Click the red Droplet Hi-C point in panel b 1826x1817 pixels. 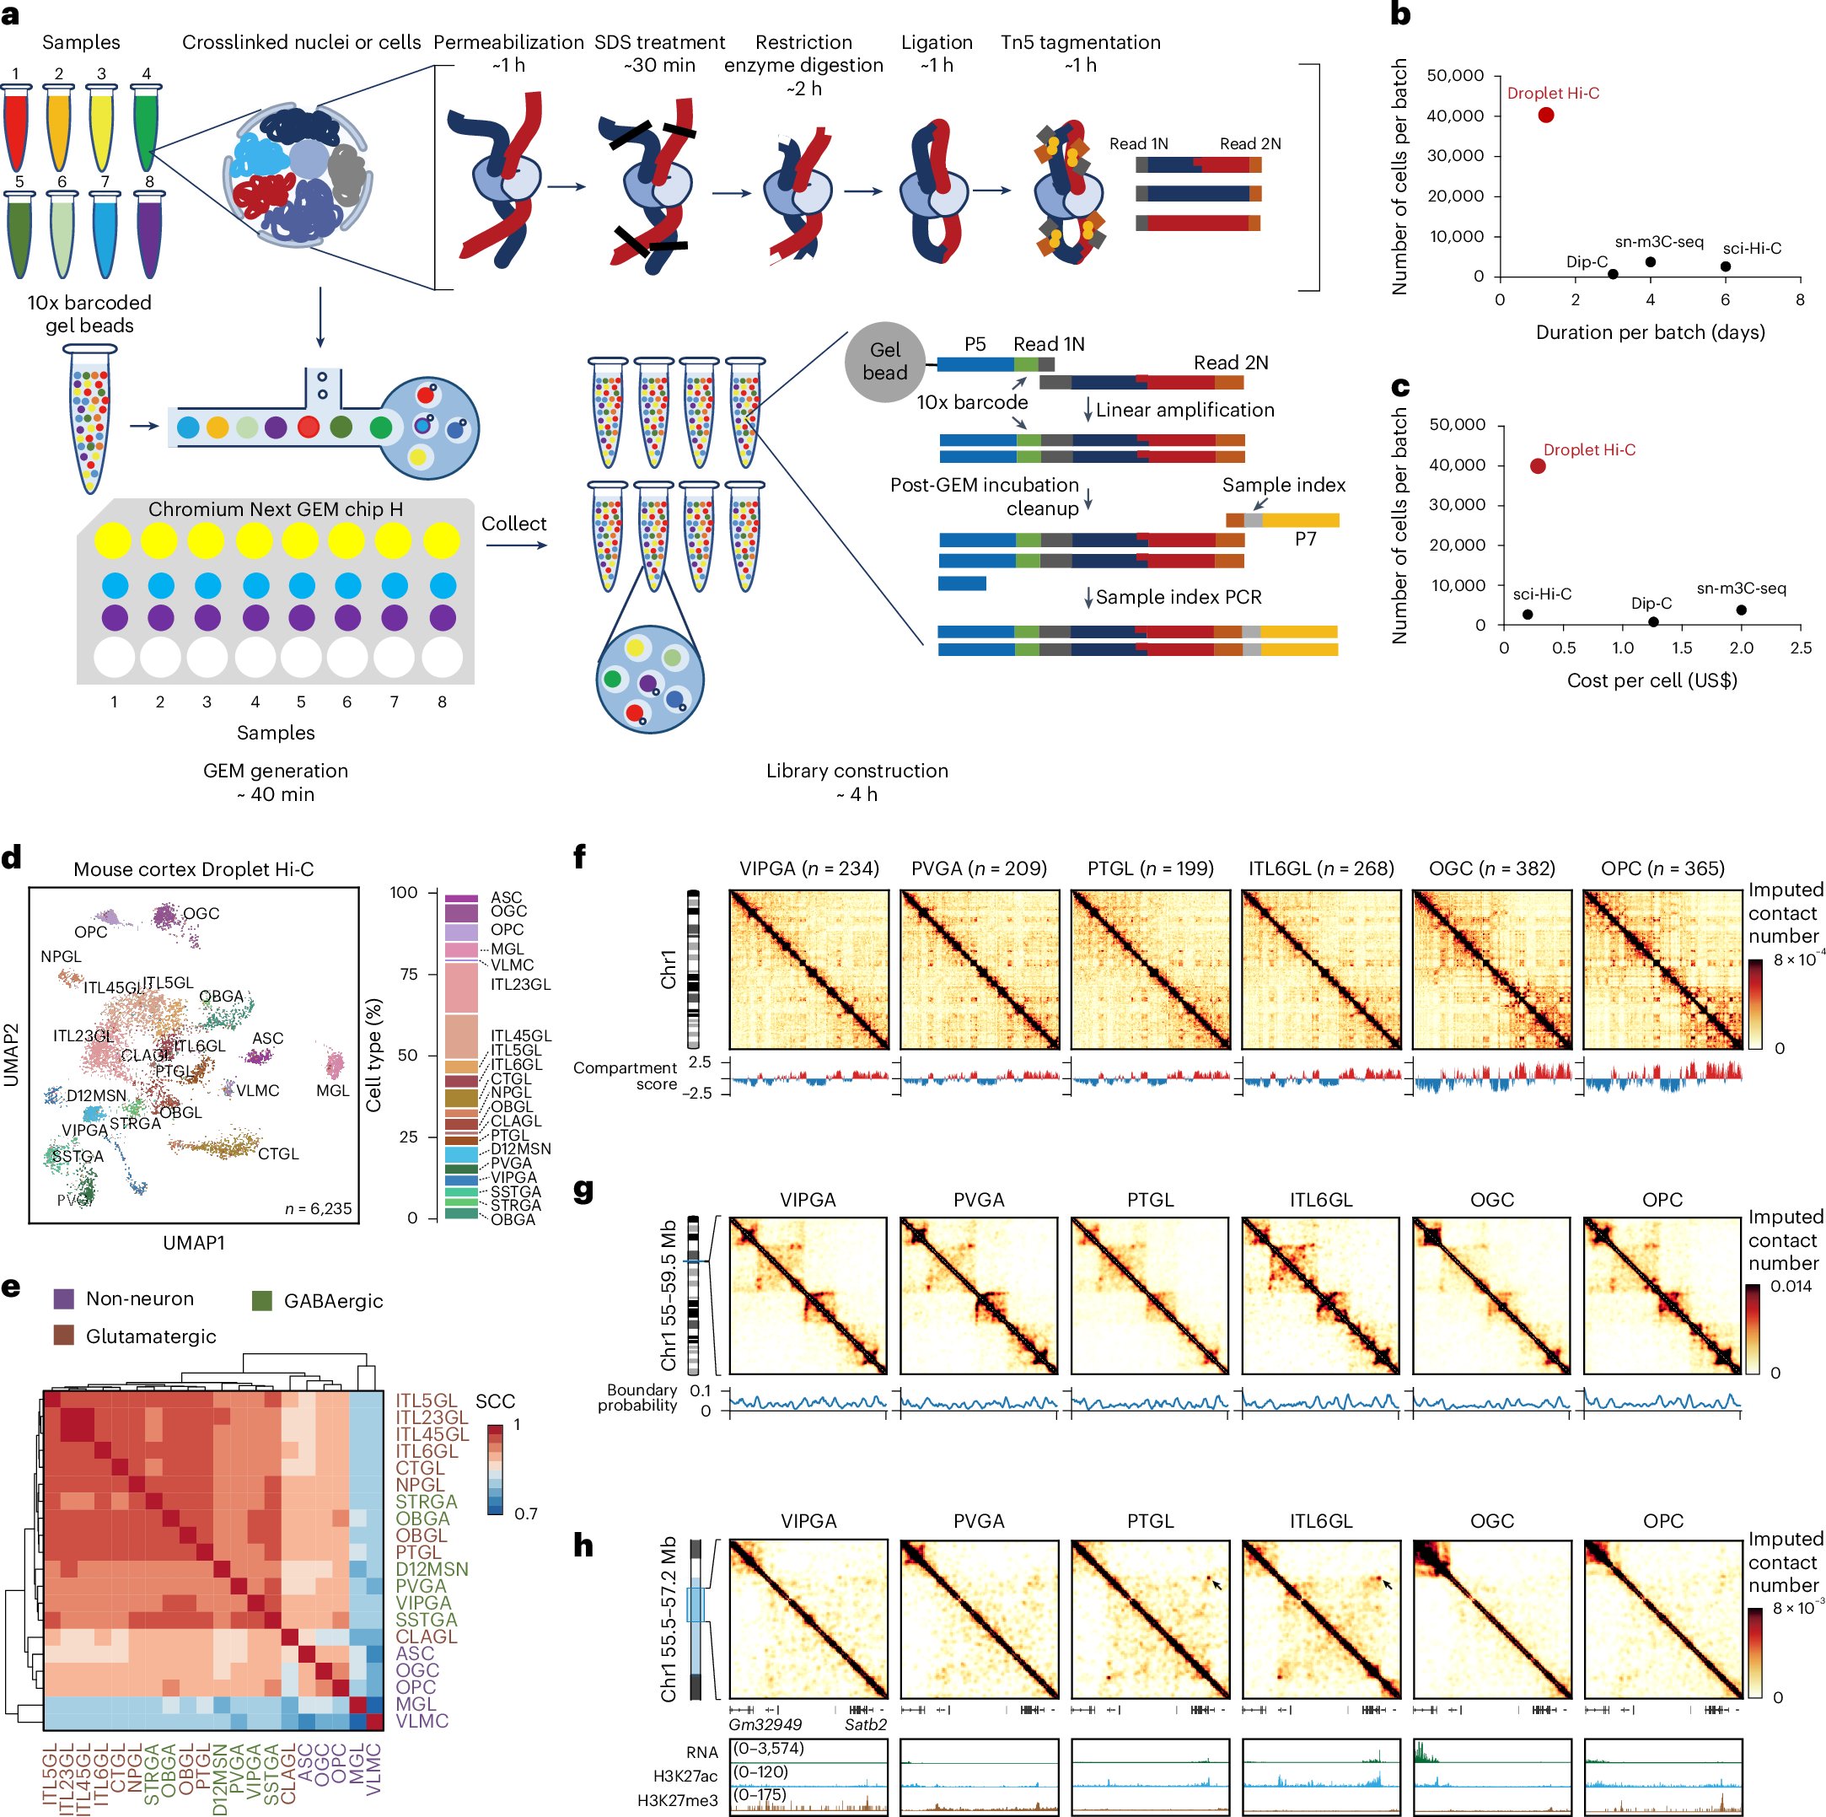tap(1546, 116)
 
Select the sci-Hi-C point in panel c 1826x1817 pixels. tap(1528, 615)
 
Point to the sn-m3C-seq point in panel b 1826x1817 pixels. tap(1650, 262)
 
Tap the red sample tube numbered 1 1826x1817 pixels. tap(16, 127)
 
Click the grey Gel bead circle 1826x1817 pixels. tap(884, 361)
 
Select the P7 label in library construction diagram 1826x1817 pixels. tap(1305, 539)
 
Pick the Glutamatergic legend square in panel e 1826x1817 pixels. tap(64, 1336)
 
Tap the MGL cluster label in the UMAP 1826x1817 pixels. tap(333, 1090)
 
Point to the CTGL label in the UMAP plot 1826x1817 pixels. tap(278, 1153)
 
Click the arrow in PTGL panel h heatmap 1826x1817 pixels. tap(1217, 1583)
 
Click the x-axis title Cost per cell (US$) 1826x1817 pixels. tap(1652, 680)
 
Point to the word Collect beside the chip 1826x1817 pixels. tap(513, 524)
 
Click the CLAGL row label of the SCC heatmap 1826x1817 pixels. tap(426, 1637)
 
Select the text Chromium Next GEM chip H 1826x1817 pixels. tap(275, 508)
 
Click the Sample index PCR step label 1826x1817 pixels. tap(1178, 596)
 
